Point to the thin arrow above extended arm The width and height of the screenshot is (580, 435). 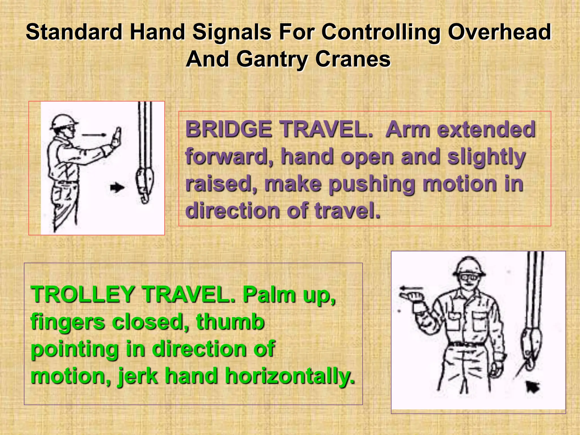point(94,135)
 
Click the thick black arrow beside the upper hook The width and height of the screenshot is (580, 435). point(117,187)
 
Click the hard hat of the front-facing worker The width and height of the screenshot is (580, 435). point(469,266)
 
